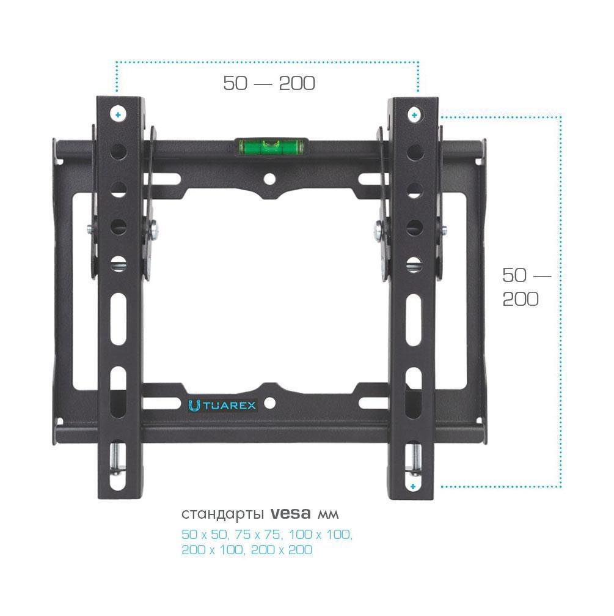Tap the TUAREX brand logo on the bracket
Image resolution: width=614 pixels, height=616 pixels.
pyautogui.click(x=222, y=406)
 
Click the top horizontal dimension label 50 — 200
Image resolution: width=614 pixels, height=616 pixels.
pyautogui.click(x=269, y=83)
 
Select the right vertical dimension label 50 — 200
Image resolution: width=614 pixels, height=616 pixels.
pyautogui.click(x=527, y=287)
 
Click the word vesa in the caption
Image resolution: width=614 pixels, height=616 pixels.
pyautogui.click(x=291, y=513)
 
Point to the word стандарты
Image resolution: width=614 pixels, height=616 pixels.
pyautogui.click(x=223, y=514)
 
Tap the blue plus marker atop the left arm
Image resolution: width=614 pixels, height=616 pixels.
pyautogui.click(x=118, y=115)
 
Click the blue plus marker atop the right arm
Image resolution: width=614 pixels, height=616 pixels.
pyautogui.click(x=414, y=115)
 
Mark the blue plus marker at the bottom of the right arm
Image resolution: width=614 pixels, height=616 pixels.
pyautogui.click(x=413, y=486)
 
